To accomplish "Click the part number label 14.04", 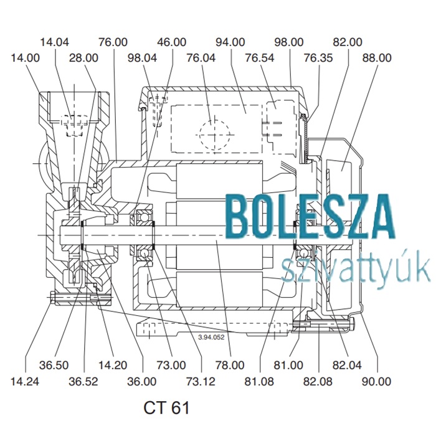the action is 55,42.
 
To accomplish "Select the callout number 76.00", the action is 113,42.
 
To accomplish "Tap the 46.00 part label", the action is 171,42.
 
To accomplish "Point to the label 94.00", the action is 230,42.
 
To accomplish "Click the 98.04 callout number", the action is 143,58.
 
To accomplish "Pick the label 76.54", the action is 260,58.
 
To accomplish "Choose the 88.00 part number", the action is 377,58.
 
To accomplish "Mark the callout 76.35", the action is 318,58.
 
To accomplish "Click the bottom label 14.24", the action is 25,381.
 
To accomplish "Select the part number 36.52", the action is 83,381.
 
